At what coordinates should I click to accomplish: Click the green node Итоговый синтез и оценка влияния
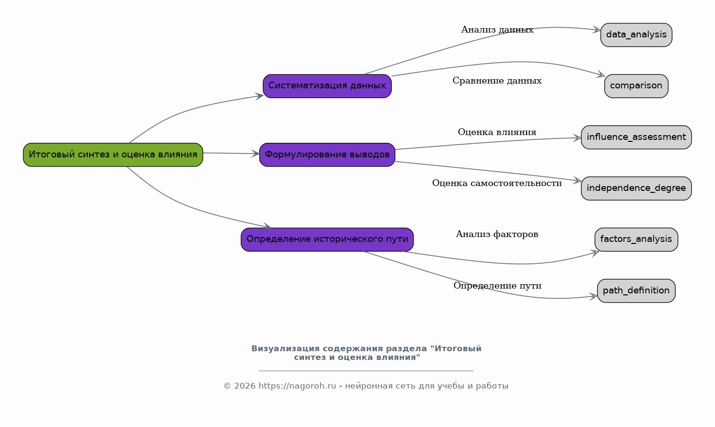[x=113, y=154]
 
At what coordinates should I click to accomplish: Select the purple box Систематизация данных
[x=327, y=86]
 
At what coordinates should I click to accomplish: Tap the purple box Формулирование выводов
[x=327, y=154]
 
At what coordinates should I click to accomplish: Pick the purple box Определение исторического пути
[x=327, y=239]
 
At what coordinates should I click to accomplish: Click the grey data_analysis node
[x=636, y=35]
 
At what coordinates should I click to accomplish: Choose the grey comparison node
[x=636, y=86]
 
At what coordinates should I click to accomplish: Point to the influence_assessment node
[x=636, y=137]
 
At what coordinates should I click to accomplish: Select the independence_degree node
[x=636, y=188]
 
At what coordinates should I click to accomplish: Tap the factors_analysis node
[x=636, y=239]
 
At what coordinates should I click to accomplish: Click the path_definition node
[x=636, y=291]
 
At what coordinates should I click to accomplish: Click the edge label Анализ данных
[x=497, y=30]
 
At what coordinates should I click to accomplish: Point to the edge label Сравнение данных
[x=497, y=81]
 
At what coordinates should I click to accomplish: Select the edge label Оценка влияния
[x=497, y=132]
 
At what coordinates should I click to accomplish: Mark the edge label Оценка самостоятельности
[x=497, y=183]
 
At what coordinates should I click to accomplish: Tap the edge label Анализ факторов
[x=497, y=234]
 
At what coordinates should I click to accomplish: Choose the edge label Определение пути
[x=497, y=286]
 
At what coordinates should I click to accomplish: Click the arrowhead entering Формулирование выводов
[x=255, y=154]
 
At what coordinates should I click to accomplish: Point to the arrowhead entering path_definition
[x=593, y=297]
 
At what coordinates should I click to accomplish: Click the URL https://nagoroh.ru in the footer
[x=297, y=386]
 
